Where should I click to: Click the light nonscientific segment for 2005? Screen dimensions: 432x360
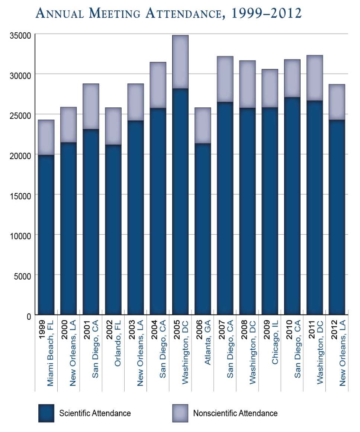(180, 62)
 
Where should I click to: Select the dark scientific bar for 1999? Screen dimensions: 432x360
(46, 234)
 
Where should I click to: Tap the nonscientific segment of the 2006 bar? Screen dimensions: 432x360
(203, 125)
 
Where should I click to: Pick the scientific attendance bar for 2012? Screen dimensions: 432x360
(337, 217)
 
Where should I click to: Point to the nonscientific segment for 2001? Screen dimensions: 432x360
(91, 106)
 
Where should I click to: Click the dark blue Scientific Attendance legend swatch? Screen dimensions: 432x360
(46, 413)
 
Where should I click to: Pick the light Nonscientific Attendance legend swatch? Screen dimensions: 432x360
(180, 413)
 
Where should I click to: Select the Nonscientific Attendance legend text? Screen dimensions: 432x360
(235, 413)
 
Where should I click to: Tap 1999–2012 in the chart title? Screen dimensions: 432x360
(266, 14)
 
